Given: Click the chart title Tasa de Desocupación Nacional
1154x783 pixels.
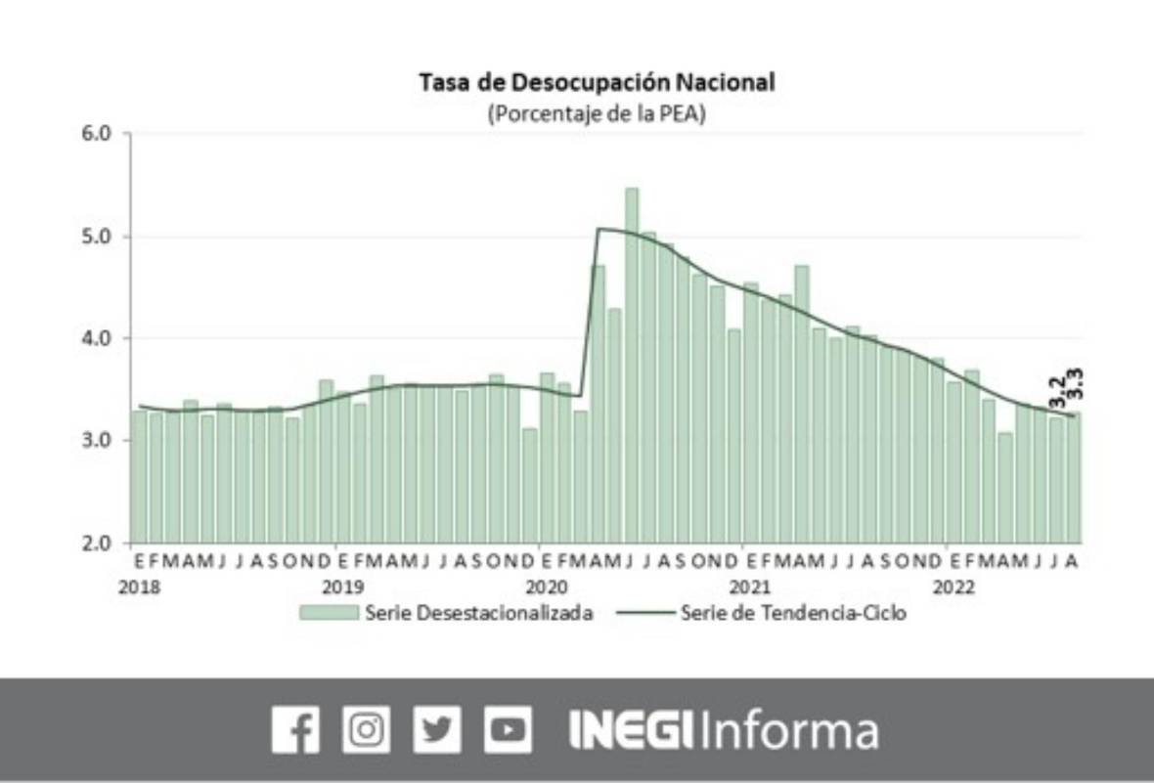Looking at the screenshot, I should [x=597, y=82].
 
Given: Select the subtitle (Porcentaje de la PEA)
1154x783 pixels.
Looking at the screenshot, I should [x=597, y=112].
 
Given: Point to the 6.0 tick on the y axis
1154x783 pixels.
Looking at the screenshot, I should [x=101, y=134].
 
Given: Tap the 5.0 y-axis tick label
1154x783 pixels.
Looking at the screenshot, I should [x=101, y=237].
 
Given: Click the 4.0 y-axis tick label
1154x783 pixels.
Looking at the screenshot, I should [x=101, y=338].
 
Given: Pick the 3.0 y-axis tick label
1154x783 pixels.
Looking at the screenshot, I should [x=101, y=440].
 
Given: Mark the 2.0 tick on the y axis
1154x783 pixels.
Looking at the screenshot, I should [x=101, y=543].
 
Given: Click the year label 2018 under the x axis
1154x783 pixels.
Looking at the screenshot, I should [x=140, y=587].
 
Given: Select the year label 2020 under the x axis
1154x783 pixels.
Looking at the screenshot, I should [x=546, y=587].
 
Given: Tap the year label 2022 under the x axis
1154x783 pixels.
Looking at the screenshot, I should [x=953, y=587].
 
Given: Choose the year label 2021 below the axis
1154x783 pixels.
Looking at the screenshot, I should [x=749, y=587].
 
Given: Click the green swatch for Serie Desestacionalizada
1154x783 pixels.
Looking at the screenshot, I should [x=329, y=614].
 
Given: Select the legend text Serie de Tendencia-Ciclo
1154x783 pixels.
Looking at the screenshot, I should [x=793, y=614].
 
